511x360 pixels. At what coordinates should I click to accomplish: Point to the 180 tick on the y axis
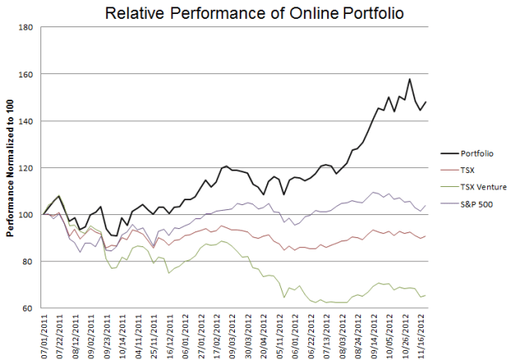[24, 27]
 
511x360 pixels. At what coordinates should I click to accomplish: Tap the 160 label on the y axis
[24, 74]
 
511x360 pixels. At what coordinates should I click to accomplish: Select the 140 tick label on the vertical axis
[24, 121]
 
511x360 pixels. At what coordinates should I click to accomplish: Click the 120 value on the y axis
[24, 168]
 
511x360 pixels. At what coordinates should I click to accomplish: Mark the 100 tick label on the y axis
[24, 215]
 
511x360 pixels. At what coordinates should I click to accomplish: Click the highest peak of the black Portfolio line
[410, 79]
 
